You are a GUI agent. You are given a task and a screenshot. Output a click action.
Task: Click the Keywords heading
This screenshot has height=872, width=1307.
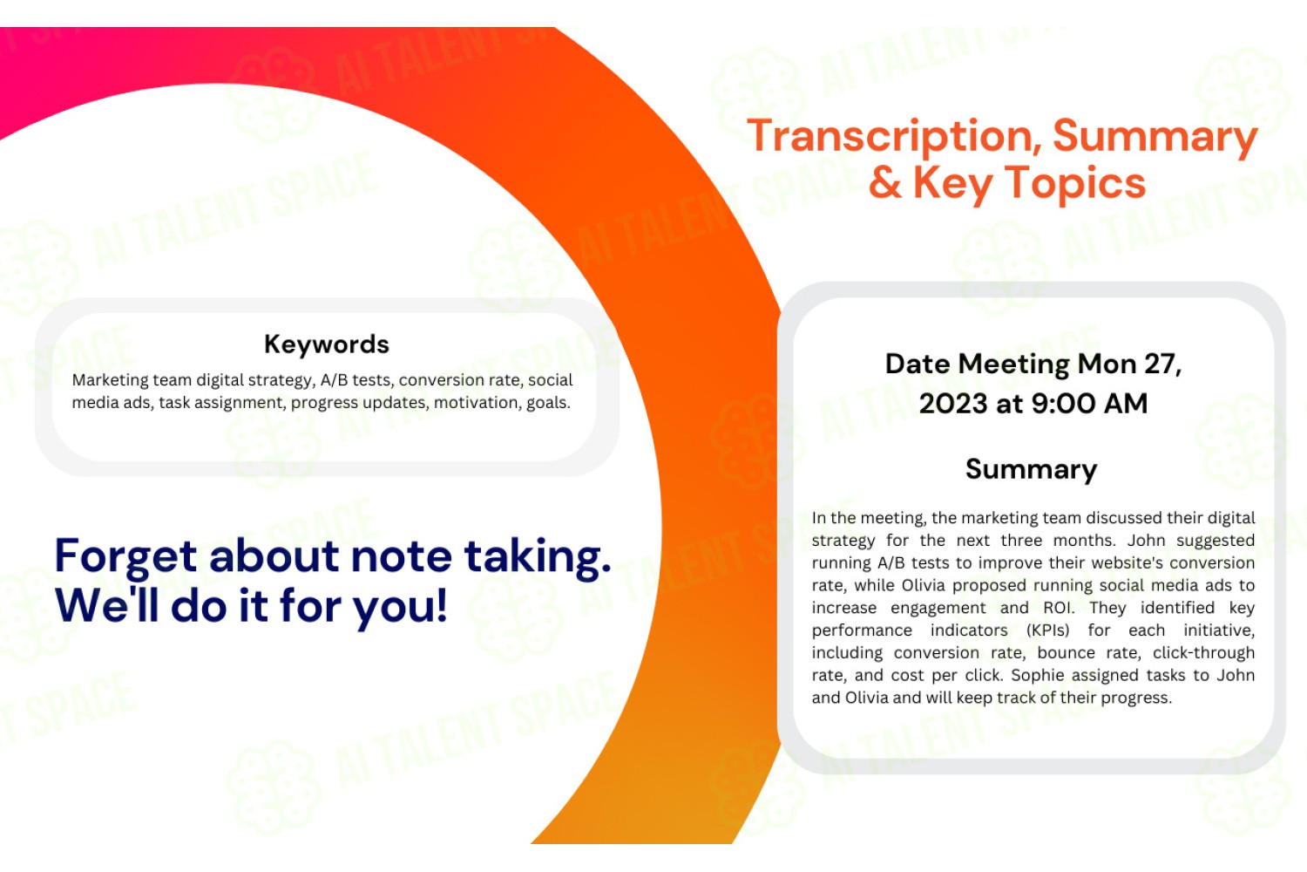click(326, 344)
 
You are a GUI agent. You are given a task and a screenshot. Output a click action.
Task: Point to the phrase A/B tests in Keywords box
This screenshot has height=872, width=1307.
click(356, 380)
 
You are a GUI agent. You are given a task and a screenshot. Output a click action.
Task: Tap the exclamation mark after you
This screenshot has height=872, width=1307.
click(441, 606)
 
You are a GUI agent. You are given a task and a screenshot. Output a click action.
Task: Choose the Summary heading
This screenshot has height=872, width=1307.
click(1031, 470)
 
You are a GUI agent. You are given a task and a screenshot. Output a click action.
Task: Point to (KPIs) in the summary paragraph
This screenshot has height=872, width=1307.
click(1048, 630)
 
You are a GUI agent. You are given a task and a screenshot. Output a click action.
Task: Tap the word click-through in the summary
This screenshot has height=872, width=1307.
click(1203, 653)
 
